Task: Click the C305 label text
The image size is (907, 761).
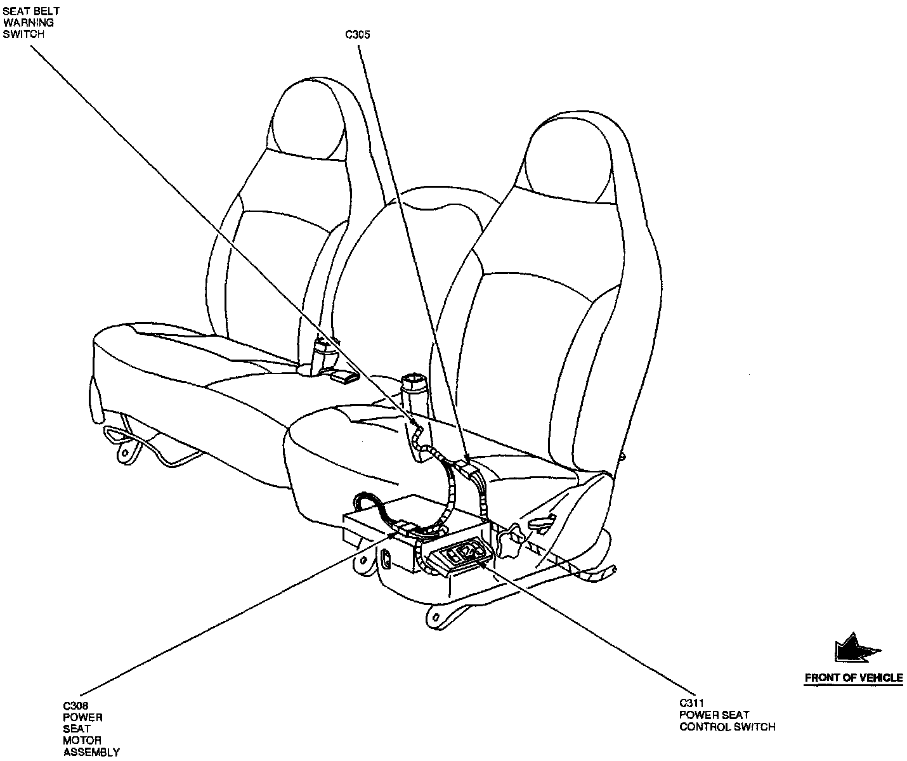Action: coord(358,36)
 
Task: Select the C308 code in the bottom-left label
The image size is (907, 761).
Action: coord(75,705)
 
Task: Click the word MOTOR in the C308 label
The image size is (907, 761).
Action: coord(77,740)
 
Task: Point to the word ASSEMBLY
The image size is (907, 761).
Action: coord(91,752)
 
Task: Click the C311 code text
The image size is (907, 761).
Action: coord(693,703)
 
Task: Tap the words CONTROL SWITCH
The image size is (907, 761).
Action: coord(727,727)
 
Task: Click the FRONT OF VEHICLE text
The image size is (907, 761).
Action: coord(853,678)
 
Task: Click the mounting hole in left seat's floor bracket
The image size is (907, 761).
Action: coord(126,452)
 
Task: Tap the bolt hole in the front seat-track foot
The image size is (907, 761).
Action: coord(436,615)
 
